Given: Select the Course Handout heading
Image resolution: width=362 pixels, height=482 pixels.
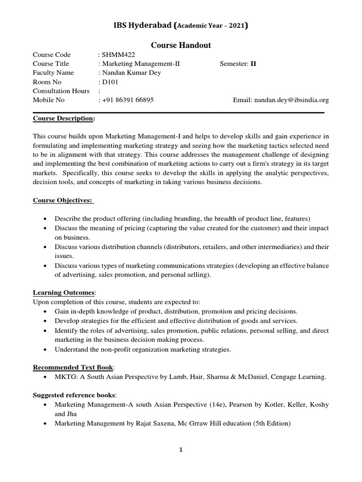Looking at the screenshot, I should (x=181, y=45).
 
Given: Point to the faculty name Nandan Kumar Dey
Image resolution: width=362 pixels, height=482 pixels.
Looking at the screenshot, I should (x=130, y=72).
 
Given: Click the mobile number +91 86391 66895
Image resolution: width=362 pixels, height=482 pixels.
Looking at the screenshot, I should (x=128, y=100).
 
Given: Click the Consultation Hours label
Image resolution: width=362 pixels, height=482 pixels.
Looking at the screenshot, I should (x=61, y=91).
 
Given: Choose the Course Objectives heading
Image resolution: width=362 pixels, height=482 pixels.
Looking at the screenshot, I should (x=63, y=201).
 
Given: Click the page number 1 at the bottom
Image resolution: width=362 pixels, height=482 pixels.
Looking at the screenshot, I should (x=181, y=450).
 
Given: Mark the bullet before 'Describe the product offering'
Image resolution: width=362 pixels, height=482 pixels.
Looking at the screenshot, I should (x=44, y=219).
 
